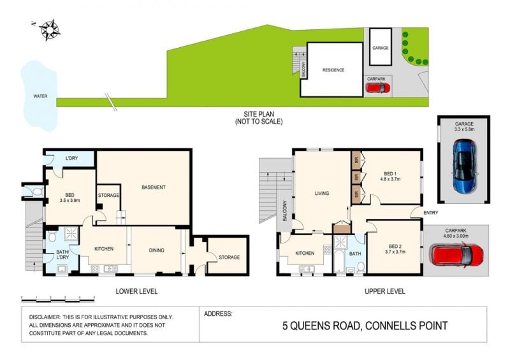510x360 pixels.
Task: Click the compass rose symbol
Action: pos(50,30)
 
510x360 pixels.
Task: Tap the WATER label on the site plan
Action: pos(40,96)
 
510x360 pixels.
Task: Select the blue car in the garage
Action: pos(465,166)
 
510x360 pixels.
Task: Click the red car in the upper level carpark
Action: pos(456,256)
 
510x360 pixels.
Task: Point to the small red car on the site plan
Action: pos(377,88)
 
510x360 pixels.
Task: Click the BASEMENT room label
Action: pos(154,187)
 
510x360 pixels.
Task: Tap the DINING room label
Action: pos(156,250)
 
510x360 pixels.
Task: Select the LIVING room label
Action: pos(322,193)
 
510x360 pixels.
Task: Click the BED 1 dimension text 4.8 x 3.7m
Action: pos(390,179)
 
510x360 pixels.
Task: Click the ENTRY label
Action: pos(431,213)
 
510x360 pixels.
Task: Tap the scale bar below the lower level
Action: pos(58,299)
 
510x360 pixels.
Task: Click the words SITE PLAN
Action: pos(259,114)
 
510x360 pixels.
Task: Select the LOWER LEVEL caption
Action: pos(136,291)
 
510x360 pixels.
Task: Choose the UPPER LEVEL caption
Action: pos(385,291)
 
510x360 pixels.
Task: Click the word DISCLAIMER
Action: pos(45,317)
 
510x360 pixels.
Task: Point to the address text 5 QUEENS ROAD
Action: pos(321,326)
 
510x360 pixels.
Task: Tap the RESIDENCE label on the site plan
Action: pos(333,70)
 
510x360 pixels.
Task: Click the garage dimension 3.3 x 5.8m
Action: pos(465,129)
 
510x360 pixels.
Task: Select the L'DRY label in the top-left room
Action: pos(71,159)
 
